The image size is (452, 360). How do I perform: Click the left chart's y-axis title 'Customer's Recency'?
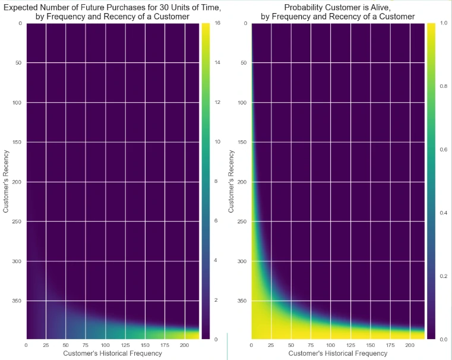[6, 181]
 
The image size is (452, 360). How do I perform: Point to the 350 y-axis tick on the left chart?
[16, 301]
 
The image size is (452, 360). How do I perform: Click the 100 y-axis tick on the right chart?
[242, 102]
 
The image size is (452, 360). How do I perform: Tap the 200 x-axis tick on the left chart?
[184, 345]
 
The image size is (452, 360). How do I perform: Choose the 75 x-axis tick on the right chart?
[311, 345]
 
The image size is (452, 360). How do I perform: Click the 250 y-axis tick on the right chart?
[242, 221]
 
